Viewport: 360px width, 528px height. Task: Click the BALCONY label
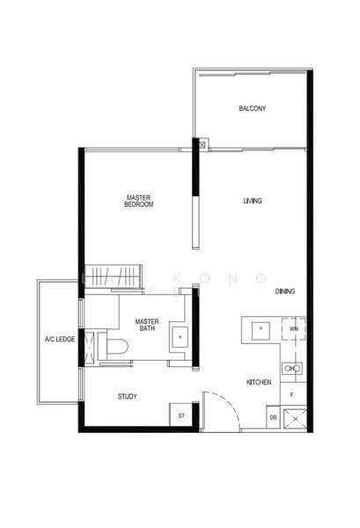point(252,109)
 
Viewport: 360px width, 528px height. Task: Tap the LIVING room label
point(253,202)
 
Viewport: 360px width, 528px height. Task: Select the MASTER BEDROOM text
point(139,201)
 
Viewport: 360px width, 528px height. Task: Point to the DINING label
point(284,290)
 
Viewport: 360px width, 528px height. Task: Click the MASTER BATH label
point(146,326)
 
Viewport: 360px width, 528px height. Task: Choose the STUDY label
point(128,397)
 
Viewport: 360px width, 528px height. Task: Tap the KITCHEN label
point(258,382)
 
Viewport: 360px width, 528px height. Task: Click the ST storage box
point(181,414)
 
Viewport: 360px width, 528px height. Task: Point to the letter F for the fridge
point(290,397)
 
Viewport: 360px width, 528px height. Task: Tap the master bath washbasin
point(182,335)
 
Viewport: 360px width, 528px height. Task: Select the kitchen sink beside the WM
point(260,331)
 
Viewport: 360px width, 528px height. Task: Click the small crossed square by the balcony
point(203,143)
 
